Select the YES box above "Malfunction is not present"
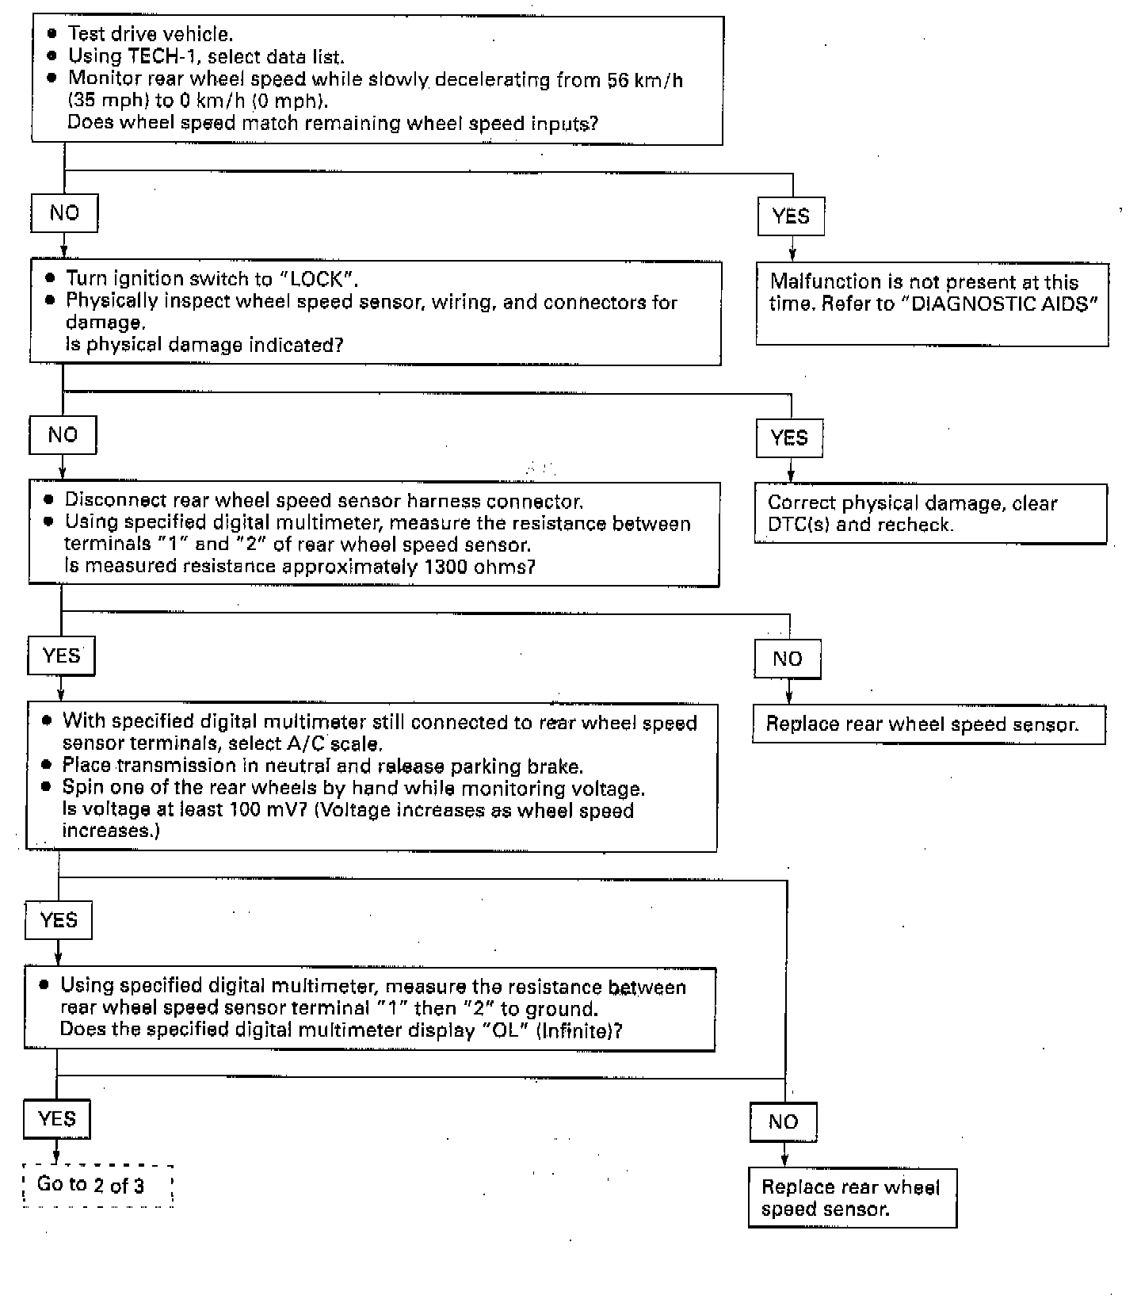point(791,216)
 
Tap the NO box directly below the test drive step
point(64,213)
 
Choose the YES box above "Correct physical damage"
point(789,438)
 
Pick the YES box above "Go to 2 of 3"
point(57,1119)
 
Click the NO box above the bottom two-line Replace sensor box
point(783,1121)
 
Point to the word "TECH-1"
point(159,56)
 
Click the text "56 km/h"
point(644,80)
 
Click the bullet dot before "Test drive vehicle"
point(52,33)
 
